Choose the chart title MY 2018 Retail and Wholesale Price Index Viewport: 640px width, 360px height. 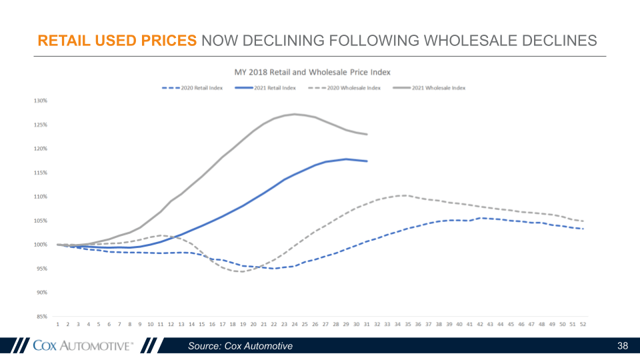click(x=312, y=71)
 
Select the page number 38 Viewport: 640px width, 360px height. click(x=623, y=346)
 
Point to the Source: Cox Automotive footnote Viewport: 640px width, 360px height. click(x=240, y=346)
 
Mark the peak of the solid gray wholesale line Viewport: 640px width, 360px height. click(x=295, y=114)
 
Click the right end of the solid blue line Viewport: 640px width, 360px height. click(x=367, y=161)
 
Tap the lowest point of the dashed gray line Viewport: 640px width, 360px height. click(x=241, y=271)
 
